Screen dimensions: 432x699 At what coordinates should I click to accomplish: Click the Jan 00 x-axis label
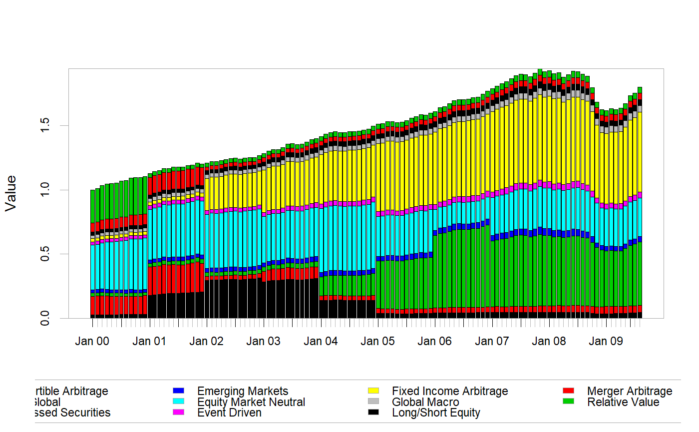click(x=92, y=342)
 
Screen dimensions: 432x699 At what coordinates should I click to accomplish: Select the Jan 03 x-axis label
click(x=264, y=342)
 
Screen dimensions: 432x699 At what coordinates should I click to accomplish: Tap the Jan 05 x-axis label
click(x=378, y=342)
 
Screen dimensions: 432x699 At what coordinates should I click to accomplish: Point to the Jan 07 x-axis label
click(x=492, y=342)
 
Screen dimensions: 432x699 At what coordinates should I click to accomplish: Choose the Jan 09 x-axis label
click(x=606, y=342)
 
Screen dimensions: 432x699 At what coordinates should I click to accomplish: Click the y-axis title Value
click(x=10, y=193)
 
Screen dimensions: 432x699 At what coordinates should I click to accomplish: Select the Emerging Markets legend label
click(x=243, y=391)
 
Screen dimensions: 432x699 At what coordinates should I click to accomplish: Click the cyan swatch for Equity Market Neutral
click(x=178, y=402)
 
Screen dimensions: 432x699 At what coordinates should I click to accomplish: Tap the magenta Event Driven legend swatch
click(x=178, y=413)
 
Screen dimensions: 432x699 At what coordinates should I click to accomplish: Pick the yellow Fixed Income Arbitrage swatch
click(x=373, y=391)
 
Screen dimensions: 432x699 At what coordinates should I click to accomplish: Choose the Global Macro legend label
click(x=425, y=402)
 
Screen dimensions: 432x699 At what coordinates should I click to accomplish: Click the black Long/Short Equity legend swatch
click(x=373, y=413)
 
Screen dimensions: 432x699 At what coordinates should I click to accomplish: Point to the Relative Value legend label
click(x=623, y=402)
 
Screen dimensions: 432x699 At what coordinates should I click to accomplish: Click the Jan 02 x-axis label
click(x=206, y=342)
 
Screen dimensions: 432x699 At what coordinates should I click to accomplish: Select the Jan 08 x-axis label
click(x=549, y=342)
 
